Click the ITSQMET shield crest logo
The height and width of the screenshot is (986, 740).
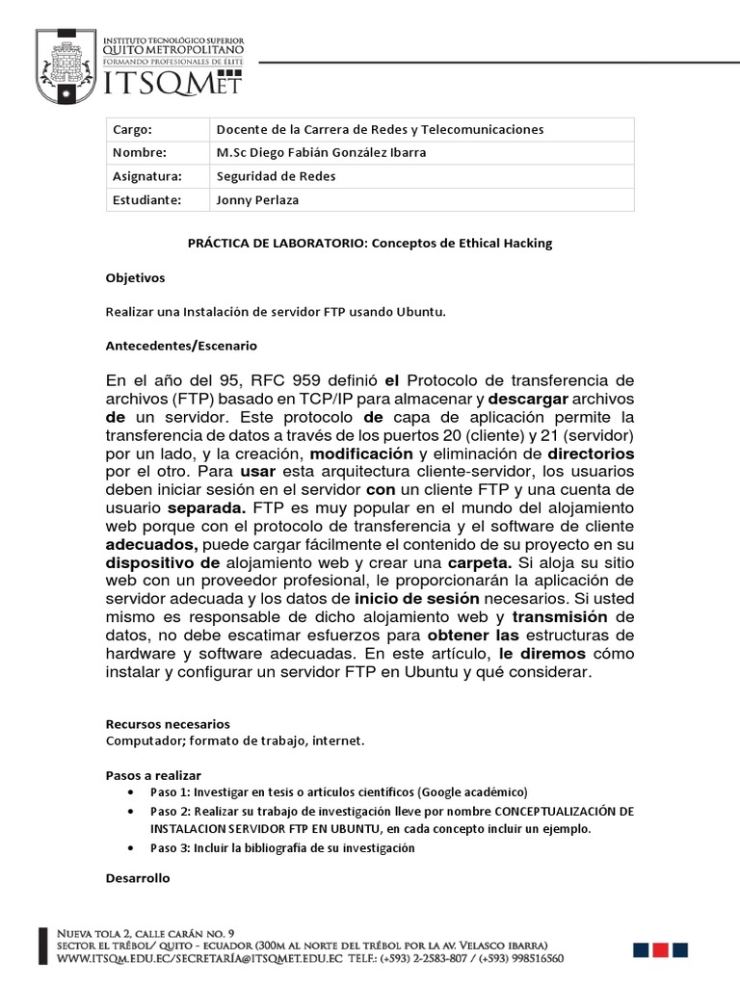pyautogui.click(x=67, y=65)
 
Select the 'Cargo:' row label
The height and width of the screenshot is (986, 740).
pyautogui.click(x=133, y=129)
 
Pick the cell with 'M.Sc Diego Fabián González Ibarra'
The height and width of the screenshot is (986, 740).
pyautogui.click(x=321, y=152)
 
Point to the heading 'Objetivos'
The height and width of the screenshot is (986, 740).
pyautogui.click(x=135, y=277)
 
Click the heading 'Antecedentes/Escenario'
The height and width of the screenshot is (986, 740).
pyautogui.click(x=180, y=345)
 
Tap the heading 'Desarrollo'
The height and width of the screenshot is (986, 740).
pyautogui.click(x=137, y=877)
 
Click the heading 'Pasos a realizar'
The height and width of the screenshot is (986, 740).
pyautogui.click(x=153, y=774)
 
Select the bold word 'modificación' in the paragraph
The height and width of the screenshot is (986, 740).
pyautogui.click(x=362, y=453)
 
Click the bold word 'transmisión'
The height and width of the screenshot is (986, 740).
pyautogui.click(x=560, y=616)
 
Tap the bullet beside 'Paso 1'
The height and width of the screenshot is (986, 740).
pyautogui.click(x=130, y=791)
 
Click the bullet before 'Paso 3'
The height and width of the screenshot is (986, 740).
pyautogui.click(x=130, y=848)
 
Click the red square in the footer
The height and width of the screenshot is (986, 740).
pyautogui.click(x=660, y=949)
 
